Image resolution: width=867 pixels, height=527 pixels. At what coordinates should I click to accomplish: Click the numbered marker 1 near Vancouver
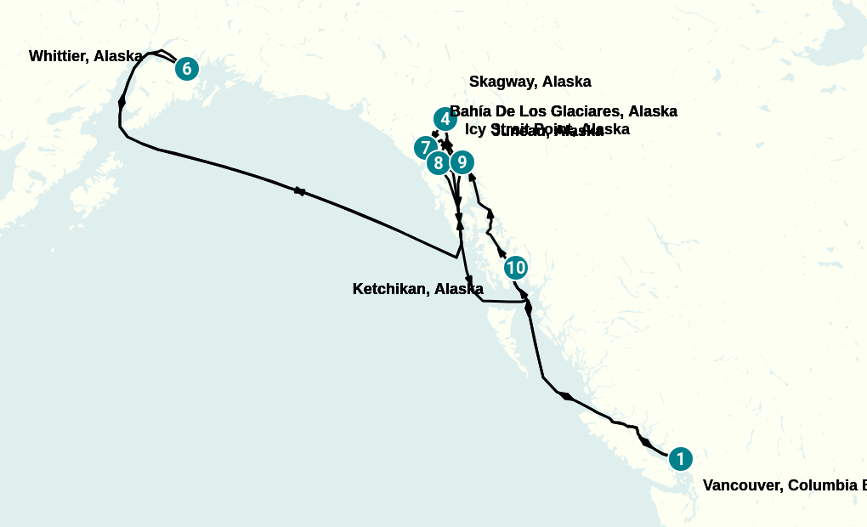[680, 459]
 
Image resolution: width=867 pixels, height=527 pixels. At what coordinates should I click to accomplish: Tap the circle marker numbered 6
[187, 69]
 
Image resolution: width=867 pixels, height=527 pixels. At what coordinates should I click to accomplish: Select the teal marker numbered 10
[515, 268]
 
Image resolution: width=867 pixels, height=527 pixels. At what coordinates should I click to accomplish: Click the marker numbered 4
[445, 120]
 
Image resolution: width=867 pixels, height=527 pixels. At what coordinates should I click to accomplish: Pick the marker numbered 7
[425, 148]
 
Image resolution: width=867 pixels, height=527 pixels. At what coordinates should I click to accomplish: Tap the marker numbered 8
[439, 162]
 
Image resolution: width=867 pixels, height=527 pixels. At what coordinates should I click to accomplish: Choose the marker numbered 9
[461, 161]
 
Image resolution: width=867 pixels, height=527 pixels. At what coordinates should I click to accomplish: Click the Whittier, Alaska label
[85, 57]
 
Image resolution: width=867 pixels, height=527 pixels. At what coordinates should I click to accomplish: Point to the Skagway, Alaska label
[530, 82]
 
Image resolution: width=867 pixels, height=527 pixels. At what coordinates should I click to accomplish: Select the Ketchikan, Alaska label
[417, 289]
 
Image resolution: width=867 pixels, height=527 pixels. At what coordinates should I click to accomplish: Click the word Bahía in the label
[469, 111]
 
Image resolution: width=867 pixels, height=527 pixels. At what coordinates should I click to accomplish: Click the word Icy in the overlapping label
[475, 129]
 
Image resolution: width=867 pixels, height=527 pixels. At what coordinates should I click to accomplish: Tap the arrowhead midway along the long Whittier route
[299, 191]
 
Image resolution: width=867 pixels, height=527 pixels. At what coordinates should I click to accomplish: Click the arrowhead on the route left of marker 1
[647, 443]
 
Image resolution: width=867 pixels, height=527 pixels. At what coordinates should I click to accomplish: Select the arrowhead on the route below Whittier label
[122, 101]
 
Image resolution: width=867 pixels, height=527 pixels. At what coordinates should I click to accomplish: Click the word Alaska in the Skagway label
[566, 82]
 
